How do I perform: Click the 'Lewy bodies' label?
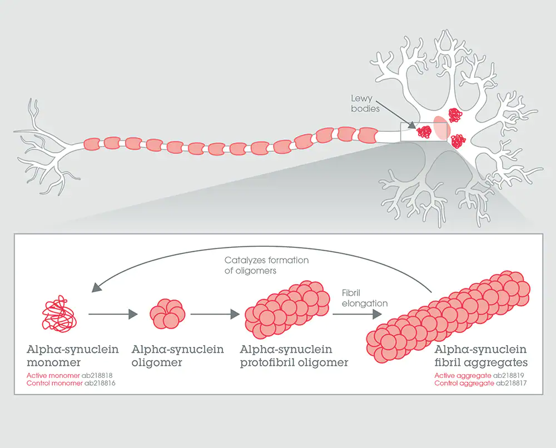365,103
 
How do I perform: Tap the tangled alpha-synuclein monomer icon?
60,314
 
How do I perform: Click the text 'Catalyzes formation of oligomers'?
266,265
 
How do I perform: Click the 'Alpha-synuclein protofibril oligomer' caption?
294,356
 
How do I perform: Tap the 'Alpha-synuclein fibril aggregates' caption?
480,356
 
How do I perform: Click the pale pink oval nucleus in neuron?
441,127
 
